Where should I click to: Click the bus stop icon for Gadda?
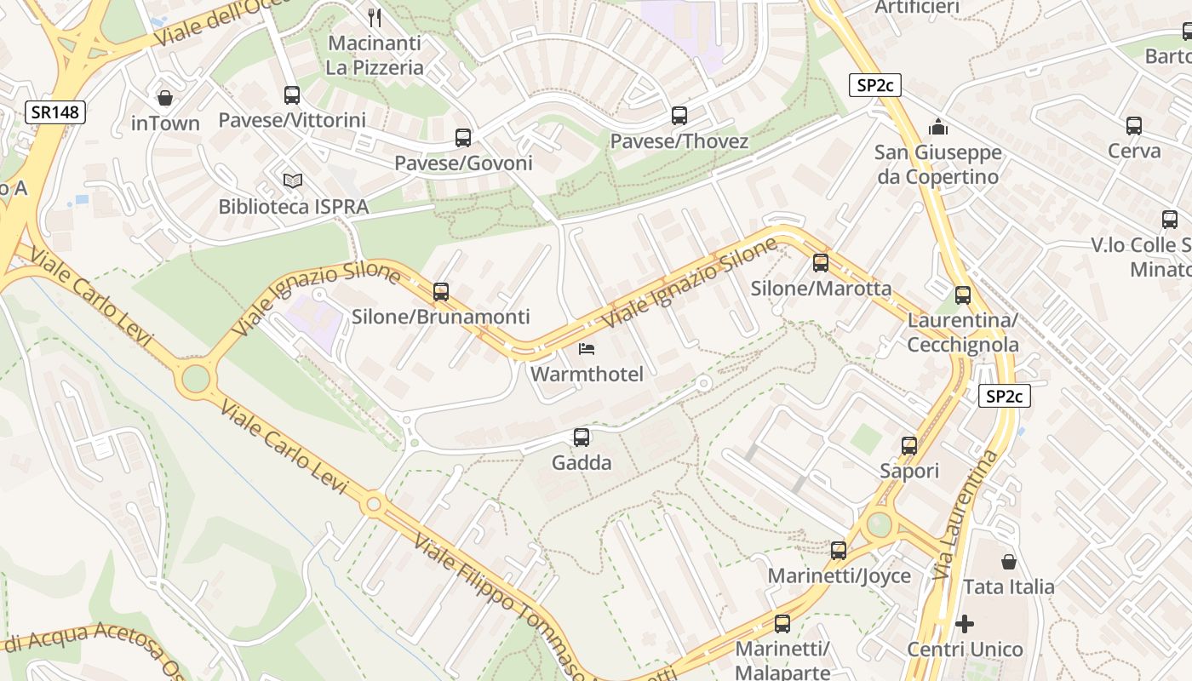tap(582, 438)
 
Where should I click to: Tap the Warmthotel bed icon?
tap(587, 349)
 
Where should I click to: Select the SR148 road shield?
tap(55, 112)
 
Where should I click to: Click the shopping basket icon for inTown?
tap(165, 98)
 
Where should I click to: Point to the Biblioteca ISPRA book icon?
tap(293, 180)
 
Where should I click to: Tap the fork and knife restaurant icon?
tap(375, 17)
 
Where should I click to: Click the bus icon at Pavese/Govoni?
tap(463, 137)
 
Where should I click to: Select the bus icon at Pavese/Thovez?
tap(679, 115)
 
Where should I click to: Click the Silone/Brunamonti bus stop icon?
tap(441, 292)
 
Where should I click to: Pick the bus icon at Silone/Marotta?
tap(821, 263)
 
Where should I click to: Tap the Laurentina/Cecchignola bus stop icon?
tap(963, 295)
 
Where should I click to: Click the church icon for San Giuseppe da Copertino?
tap(938, 127)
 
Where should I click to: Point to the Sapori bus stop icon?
tap(909, 445)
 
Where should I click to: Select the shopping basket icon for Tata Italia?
tap(1009, 562)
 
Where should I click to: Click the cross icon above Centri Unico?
tap(965, 624)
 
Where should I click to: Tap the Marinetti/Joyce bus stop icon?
tap(839, 551)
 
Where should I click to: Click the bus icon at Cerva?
tap(1134, 126)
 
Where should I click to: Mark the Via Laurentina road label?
tap(966, 516)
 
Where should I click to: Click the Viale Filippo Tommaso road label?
tap(511, 600)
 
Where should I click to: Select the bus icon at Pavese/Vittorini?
tap(292, 94)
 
